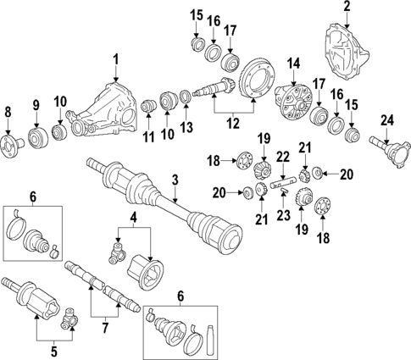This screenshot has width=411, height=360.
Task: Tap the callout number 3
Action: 175,179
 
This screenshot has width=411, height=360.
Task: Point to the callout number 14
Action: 293,63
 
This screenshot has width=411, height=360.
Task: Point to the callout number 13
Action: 186,127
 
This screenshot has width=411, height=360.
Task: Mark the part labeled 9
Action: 36,136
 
